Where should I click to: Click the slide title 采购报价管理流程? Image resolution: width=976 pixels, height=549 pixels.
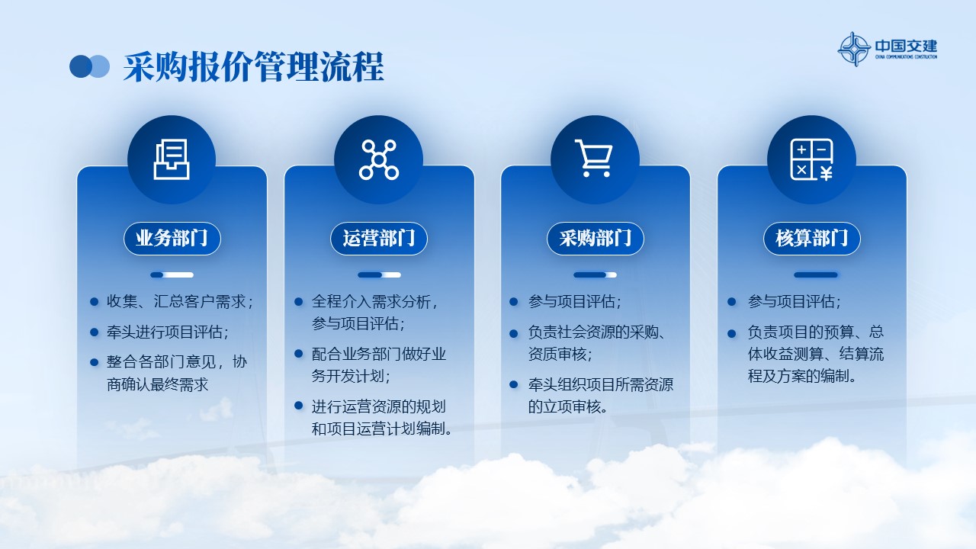pos(253,67)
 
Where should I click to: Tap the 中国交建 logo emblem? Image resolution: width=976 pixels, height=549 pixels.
pos(854,49)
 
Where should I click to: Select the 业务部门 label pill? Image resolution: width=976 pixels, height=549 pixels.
pos(172,239)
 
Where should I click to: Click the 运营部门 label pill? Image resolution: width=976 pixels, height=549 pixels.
pos(379,239)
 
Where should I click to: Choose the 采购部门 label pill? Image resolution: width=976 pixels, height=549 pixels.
pos(596,239)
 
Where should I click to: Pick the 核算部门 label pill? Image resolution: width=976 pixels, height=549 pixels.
pos(812,239)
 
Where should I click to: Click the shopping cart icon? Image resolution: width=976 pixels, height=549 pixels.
pos(593,158)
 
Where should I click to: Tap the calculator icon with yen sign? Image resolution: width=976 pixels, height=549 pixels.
pos(811,159)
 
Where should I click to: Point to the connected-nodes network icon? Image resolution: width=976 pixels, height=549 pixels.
pos(379,159)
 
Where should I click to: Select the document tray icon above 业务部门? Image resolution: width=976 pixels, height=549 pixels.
pos(172,159)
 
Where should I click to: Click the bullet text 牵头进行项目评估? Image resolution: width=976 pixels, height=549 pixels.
pos(167,332)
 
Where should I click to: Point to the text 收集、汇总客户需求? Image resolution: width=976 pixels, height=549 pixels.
pos(179,301)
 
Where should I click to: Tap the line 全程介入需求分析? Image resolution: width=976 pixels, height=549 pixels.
pos(374,301)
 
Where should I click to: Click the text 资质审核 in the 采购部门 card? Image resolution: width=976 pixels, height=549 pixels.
pos(560,355)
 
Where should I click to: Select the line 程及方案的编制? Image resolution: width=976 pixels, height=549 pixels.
pos(801,376)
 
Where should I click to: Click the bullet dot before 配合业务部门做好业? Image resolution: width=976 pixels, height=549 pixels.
pos(298,354)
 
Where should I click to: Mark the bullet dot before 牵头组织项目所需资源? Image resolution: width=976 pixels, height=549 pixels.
pos(514,385)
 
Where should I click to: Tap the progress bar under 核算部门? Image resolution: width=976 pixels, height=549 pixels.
pos(816,275)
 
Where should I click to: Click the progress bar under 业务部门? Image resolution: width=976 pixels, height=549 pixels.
pos(172,275)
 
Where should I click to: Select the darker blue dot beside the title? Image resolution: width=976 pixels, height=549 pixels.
pos(81,66)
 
